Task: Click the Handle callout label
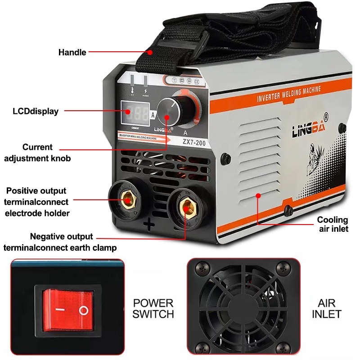pyautogui.click(x=72, y=52)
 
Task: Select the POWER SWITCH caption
pyautogui.click(x=153, y=308)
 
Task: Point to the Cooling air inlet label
pyautogui.click(x=333, y=224)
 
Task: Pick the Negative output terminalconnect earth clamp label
pyautogui.click(x=60, y=242)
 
